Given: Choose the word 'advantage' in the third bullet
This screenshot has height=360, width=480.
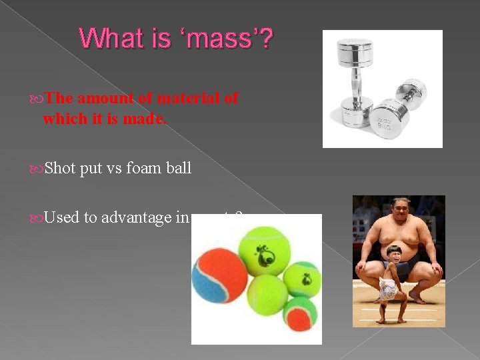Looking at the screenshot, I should click(137, 218).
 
